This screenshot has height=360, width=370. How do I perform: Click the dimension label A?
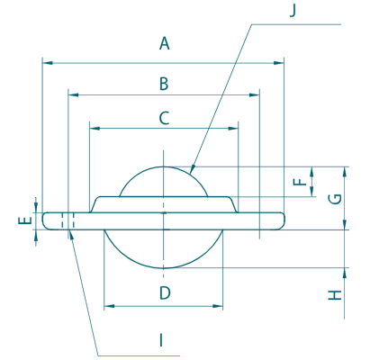pos(164,43)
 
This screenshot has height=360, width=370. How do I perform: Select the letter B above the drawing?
pos(164,84)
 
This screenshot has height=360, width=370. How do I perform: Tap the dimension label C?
pos(164,118)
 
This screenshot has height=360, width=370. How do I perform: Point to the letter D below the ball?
pos(165,292)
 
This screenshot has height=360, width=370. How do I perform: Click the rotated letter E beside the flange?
pos(25,220)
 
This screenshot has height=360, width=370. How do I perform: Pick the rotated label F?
pos(299,182)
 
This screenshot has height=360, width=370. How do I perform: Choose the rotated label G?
pos(335,199)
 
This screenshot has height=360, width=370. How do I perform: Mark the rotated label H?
pos(335,295)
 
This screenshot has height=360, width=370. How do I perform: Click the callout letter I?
pos(161,340)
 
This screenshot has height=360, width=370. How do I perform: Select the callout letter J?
pos(293,11)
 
